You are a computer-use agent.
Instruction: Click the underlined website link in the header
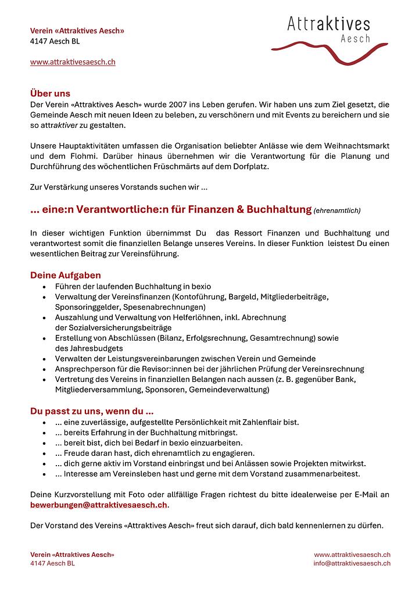click(x=73, y=62)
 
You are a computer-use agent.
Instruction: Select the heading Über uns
click(x=50, y=93)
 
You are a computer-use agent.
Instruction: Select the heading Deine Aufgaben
click(x=66, y=275)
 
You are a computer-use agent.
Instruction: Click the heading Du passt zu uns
click(x=92, y=411)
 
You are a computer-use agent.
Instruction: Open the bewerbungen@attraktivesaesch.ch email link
click(x=99, y=505)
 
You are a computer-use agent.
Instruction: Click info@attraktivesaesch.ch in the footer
click(x=352, y=563)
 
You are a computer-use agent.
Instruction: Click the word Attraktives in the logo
click(x=328, y=24)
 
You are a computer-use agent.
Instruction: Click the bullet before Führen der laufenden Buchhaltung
click(x=45, y=287)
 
